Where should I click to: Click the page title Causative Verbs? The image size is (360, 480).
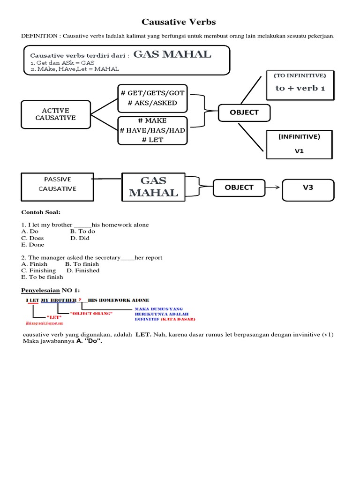179,22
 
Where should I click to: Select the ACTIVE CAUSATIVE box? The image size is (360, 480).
55,114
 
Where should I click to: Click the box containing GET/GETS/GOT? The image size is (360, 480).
152,98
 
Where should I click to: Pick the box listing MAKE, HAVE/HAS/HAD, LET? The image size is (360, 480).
152,130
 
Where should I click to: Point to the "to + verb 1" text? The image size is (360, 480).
300,88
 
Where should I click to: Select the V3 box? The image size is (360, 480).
307,187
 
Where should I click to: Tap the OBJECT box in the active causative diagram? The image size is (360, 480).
244,112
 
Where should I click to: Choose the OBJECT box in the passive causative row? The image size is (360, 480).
239,187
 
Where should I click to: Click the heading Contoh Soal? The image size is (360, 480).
42,212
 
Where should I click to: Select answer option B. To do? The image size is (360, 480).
82,231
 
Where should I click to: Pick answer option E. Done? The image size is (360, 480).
33,244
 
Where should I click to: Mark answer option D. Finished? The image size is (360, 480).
83,270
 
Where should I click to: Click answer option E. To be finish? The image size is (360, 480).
42,277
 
